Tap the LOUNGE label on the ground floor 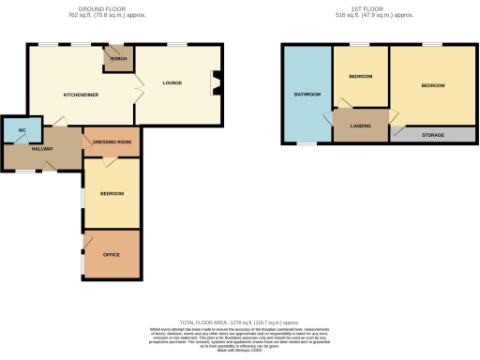point(172,82)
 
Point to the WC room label point(21,129)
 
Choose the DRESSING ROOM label point(112,142)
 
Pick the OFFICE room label point(111,255)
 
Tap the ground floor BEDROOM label point(112,193)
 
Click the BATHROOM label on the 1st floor point(307,95)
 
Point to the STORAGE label point(432,135)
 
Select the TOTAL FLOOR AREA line point(239,321)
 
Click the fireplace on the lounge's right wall point(217,82)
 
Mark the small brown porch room point(119,58)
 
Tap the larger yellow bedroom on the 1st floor point(432,85)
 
